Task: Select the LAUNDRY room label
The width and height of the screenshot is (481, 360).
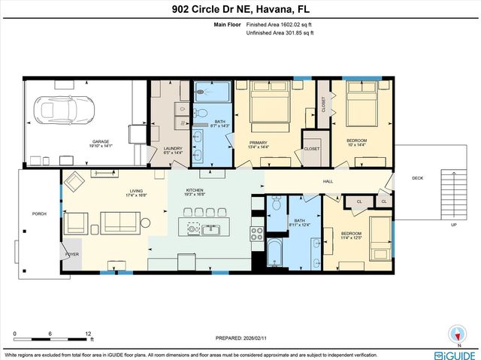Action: [173, 148]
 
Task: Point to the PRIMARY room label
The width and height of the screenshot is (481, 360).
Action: [259, 141]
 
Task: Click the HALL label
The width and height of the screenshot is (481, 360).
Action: [328, 181]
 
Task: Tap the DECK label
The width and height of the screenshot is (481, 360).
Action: [417, 178]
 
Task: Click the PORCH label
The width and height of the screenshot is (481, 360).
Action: [39, 213]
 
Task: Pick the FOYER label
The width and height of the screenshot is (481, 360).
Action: [72, 255]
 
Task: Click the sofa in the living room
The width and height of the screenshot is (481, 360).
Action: [119, 222]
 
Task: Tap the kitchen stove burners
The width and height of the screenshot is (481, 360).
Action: [256, 231]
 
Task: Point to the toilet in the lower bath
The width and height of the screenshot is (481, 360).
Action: [277, 204]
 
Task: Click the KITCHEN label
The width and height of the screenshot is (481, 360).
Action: [195, 191]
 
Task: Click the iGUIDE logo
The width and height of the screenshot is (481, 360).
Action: [455, 354]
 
